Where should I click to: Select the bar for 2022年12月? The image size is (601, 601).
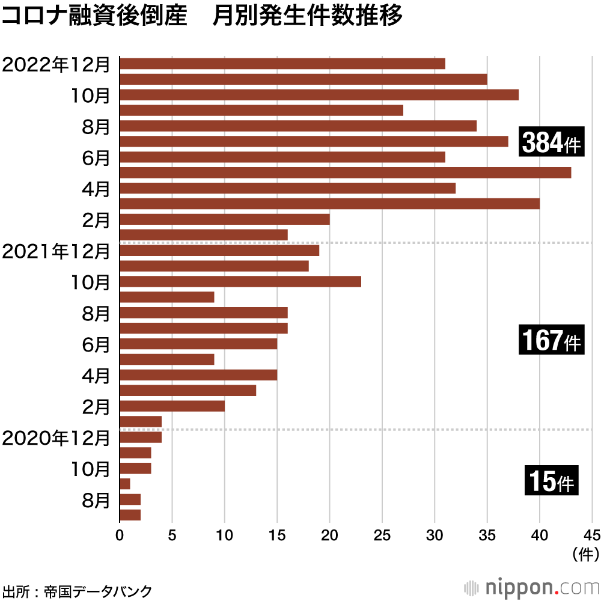click(282, 64)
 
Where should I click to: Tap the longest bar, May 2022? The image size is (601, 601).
click(346, 173)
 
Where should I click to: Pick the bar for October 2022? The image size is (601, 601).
click(319, 95)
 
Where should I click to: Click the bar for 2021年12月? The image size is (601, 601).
click(219, 251)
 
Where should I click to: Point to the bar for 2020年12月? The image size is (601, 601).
click(141, 438)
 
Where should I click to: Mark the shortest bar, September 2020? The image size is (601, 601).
click(125, 484)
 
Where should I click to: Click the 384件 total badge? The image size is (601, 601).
click(552, 142)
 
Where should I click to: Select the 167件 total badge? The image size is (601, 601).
click(552, 341)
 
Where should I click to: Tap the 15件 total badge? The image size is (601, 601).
click(552, 481)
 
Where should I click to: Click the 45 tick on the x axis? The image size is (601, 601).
click(591, 534)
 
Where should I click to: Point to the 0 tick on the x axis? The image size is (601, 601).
click(120, 534)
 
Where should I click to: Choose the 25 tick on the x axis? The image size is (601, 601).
click(382, 534)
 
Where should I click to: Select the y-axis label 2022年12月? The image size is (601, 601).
click(56, 64)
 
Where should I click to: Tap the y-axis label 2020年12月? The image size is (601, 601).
click(56, 438)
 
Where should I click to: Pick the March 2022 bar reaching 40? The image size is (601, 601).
click(330, 204)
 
